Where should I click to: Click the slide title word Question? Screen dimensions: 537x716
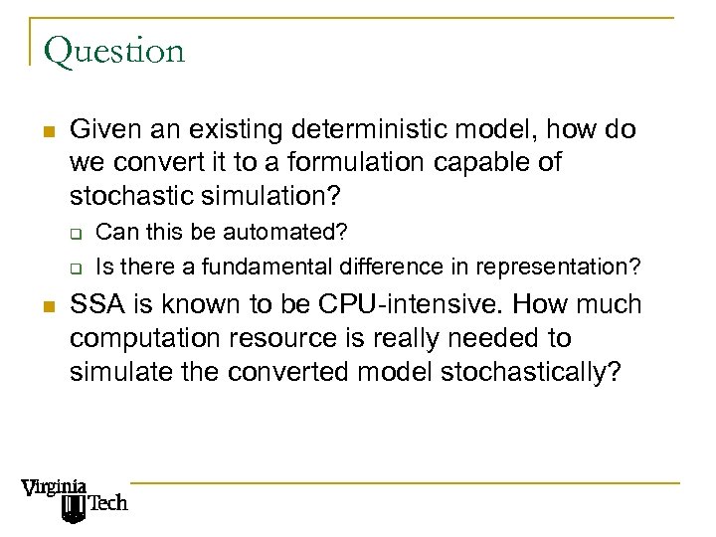pyautogui.click(x=114, y=51)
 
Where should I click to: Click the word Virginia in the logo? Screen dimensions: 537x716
pyautogui.click(x=54, y=488)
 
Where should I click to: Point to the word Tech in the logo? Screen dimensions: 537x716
pyautogui.click(x=108, y=504)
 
